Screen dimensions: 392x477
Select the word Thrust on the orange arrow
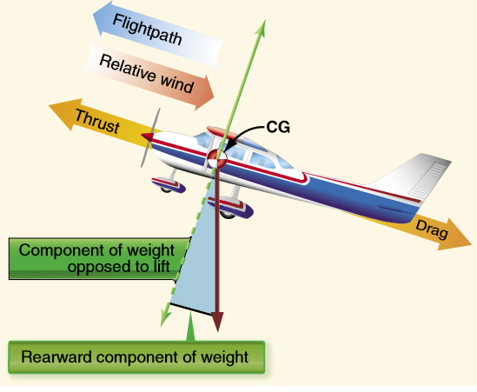[x=96, y=120]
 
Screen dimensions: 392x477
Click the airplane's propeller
[x=149, y=139]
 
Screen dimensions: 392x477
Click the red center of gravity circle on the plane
[x=215, y=157]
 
